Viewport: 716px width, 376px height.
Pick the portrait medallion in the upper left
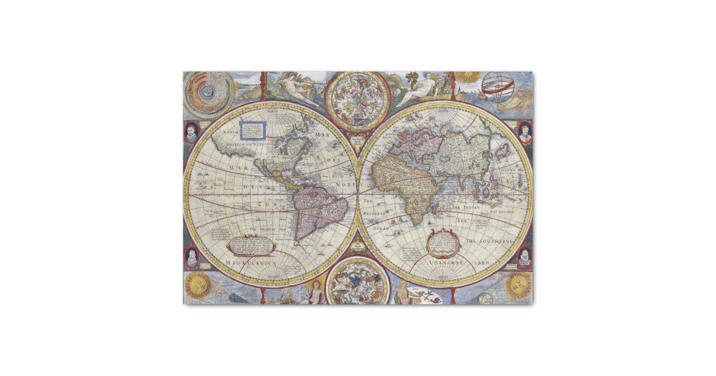click(191, 132)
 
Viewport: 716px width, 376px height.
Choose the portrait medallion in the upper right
click(524, 132)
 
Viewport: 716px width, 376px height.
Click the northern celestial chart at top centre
click(357, 101)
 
